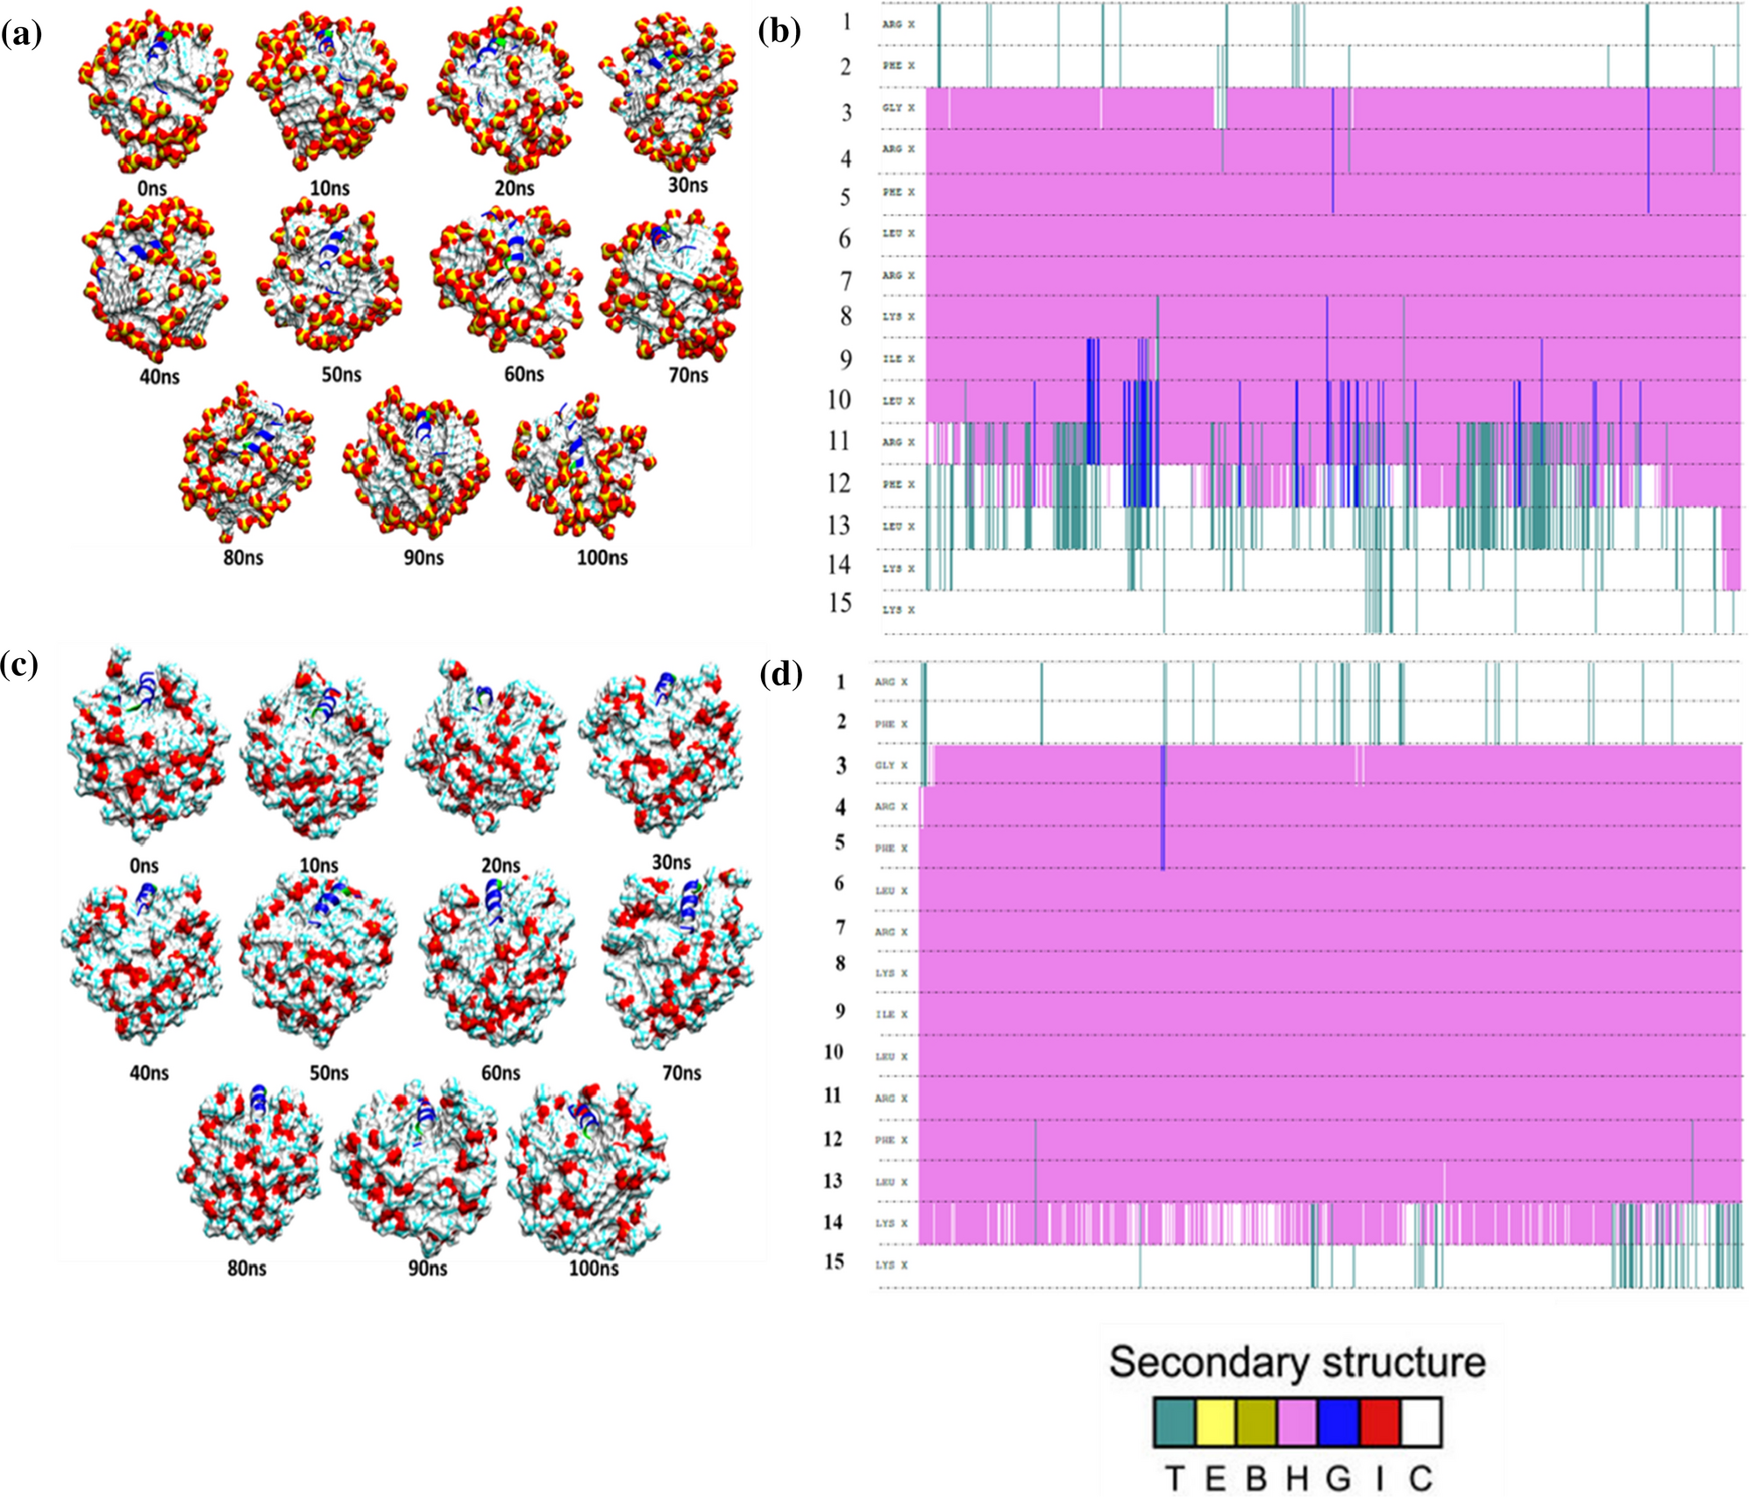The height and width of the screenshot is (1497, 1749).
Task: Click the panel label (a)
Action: pyautogui.click(x=21, y=34)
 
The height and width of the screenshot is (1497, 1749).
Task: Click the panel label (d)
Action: pyautogui.click(x=780, y=675)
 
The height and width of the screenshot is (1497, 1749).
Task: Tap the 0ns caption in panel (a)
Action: pyautogui.click(x=152, y=188)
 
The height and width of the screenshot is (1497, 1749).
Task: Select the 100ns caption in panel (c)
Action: pyautogui.click(x=594, y=1268)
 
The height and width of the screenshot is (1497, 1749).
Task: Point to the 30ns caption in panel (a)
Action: pyautogui.click(x=687, y=185)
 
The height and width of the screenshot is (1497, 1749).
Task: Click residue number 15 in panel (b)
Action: pyautogui.click(x=840, y=603)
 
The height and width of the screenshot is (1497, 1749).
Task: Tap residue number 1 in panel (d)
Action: pyautogui.click(x=841, y=682)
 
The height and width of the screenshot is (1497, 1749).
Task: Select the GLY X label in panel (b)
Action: pyautogui.click(x=898, y=108)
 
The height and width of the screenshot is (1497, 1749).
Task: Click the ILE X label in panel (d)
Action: pyautogui.click(x=891, y=1015)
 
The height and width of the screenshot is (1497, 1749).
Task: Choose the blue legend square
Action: pyautogui.click(x=1338, y=1422)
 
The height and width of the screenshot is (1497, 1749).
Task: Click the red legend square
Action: pyautogui.click(x=1379, y=1422)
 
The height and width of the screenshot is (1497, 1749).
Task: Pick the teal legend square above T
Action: pyautogui.click(x=1175, y=1422)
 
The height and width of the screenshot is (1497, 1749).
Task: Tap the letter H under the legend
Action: pyautogui.click(x=1297, y=1479)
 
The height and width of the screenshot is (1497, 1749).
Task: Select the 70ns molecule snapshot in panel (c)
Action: pyautogui.click(x=682, y=960)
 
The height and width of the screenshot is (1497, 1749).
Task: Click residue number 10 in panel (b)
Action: pyautogui.click(x=839, y=401)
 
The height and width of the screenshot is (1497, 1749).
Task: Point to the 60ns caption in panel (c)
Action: pyautogui.click(x=501, y=1073)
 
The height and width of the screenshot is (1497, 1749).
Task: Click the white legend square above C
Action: pyautogui.click(x=1420, y=1422)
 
